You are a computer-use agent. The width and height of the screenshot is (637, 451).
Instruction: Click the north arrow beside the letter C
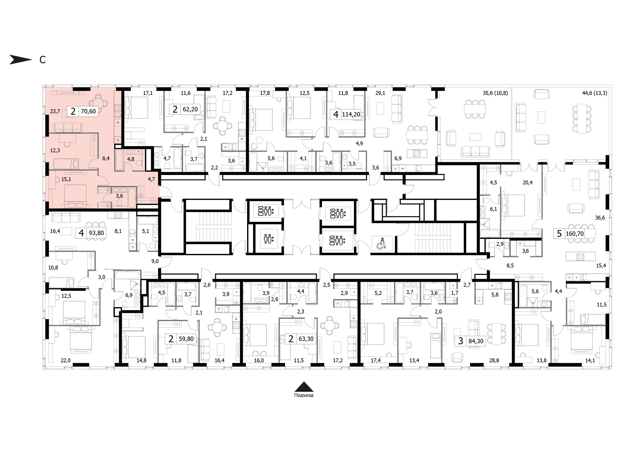pyautogui.click(x=21, y=59)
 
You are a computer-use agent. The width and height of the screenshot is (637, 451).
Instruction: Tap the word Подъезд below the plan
pyautogui.click(x=304, y=395)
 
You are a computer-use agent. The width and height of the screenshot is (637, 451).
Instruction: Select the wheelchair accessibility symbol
pyautogui.click(x=381, y=243)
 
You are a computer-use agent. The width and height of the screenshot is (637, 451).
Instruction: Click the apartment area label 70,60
pyautogui.click(x=88, y=111)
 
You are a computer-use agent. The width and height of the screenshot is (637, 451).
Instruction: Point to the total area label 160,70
pyautogui.click(x=575, y=233)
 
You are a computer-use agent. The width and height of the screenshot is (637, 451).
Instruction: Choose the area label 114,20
pyautogui.click(x=351, y=114)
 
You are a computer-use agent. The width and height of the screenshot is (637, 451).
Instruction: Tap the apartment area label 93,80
pyautogui.click(x=96, y=233)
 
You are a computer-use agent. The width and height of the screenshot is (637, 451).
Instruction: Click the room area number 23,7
pyautogui.click(x=55, y=111)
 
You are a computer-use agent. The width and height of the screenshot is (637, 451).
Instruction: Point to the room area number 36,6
pyautogui.click(x=600, y=218)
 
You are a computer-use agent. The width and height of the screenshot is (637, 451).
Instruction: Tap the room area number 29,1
pyautogui.click(x=380, y=93)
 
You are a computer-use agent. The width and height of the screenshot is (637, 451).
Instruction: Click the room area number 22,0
pyautogui.click(x=65, y=360)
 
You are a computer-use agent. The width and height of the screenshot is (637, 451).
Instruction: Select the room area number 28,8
pyautogui.click(x=494, y=360)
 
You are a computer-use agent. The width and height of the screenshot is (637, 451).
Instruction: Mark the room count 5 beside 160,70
pyautogui.click(x=559, y=233)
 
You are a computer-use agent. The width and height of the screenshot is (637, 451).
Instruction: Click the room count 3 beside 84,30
pyautogui.click(x=461, y=341)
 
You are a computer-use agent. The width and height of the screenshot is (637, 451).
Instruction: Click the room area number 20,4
pyautogui.click(x=527, y=183)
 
